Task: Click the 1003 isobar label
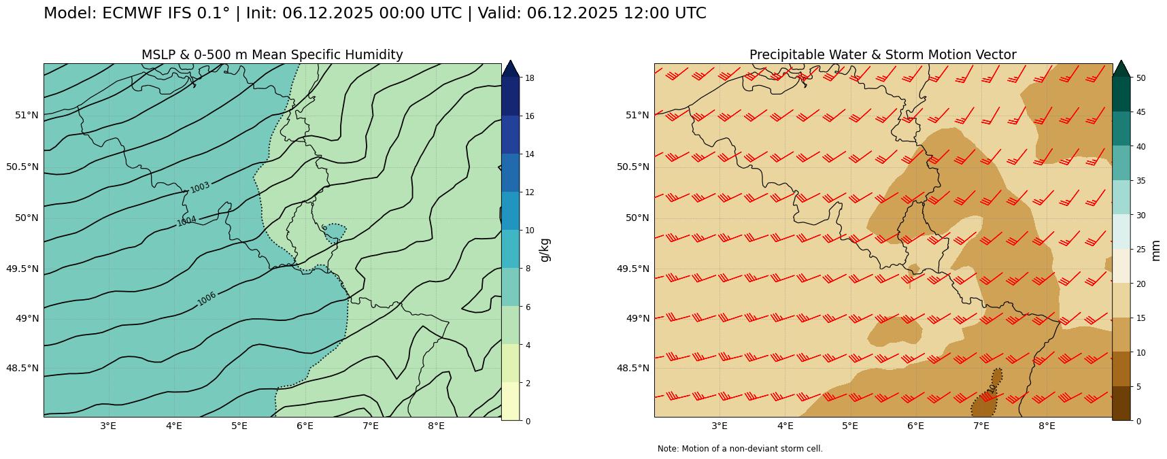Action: (x=200, y=187)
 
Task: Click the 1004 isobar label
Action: (x=186, y=220)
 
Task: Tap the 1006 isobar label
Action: (x=207, y=299)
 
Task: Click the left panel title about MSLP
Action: (x=272, y=55)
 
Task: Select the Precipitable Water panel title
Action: (x=883, y=55)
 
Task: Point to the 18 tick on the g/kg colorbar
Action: (x=528, y=78)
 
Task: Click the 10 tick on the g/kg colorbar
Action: (x=528, y=231)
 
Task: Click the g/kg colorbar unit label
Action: (x=545, y=250)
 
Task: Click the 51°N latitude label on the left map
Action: (x=27, y=115)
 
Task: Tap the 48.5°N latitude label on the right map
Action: (x=633, y=368)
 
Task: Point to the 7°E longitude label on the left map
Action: (x=370, y=426)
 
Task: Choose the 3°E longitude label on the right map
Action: (x=720, y=426)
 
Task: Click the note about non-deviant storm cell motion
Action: (x=740, y=449)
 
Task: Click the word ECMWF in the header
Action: (x=130, y=14)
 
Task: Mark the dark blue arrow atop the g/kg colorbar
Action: (x=510, y=68)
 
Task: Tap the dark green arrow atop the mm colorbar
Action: (x=1121, y=68)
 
